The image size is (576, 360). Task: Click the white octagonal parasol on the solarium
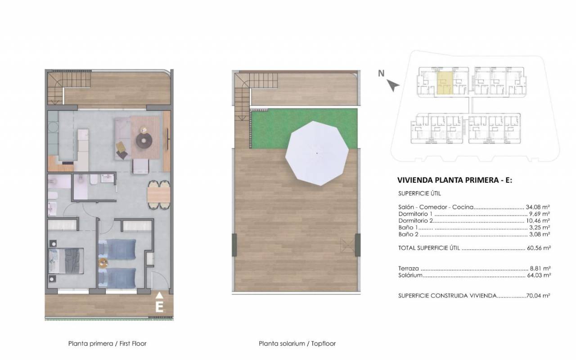pyautogui.click(x=317, y=153)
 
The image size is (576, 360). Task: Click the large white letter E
pyautogui.click(x=159, y=307)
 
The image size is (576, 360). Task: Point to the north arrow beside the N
pyautogui.click(x=393, y=85)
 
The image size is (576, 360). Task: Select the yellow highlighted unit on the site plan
pyautogui.click(x=445, y=83)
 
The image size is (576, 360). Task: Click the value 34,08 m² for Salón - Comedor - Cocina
pyautogui.click(x=538, y=207)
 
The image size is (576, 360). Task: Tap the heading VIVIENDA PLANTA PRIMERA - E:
pyautogui.click(x=454, y=180)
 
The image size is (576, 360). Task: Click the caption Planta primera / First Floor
pyautogui.click(x=107, y=343)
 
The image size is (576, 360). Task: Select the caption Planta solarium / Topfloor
pyautogui.click(x=297, y=343)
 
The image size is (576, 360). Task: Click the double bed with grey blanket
pyautogui.click(x=66, y=261)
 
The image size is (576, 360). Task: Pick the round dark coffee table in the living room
pyautogui.click(x=144, y=141)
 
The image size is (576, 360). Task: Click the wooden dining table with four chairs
pyautogui.click(x=159, y=195)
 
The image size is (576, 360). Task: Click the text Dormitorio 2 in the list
pyautogui.click(x=415, y=220)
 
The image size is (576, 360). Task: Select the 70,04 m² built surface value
pyautogui.click(x=538, y=296)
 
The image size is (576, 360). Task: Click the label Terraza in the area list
pyautogui.click(x=409, y=269)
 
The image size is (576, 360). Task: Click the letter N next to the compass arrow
pyautogui.click(x=381, y=73)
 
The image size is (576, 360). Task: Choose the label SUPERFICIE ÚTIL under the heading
pyautogui.click(x=420, y=193)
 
